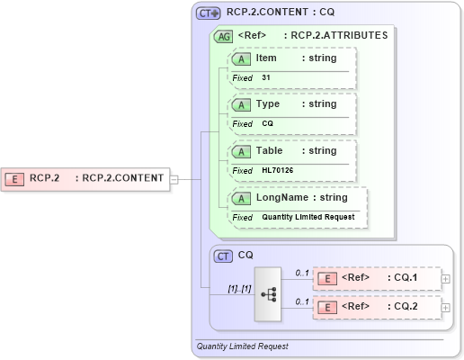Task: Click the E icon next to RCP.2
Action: point(15,178)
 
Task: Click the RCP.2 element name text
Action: point(44,178)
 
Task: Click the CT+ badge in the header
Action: point(209,14)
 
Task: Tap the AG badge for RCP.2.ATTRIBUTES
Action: point(221,37)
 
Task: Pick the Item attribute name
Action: point(266,58)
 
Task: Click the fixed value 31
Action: point(266,78)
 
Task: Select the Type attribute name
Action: point(268,104)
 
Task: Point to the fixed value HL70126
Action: point(277,170)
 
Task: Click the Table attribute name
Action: point(270,151)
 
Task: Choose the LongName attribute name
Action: point(283,198)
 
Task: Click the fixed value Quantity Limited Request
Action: point(308,217)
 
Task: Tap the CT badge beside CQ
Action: point(223,256)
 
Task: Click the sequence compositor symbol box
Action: point(268,292)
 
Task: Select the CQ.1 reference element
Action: point(377,279)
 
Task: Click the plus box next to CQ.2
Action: point(447,308)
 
